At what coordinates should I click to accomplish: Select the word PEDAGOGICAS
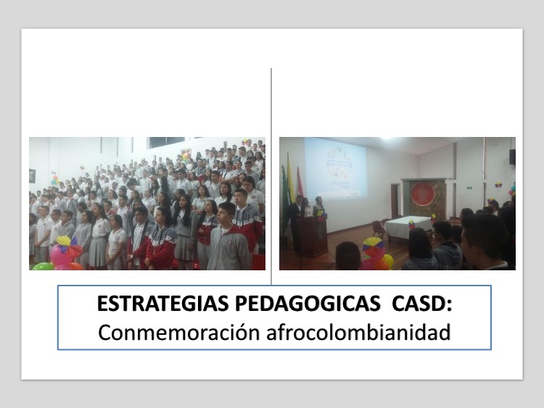point(308,304)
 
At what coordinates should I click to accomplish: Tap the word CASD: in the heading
point(422,304)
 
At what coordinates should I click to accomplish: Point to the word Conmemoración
point(178,332)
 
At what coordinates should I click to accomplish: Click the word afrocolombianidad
point(358,332)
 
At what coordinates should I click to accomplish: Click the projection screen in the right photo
point(335,168)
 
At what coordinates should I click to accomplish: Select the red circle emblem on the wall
point(423,193)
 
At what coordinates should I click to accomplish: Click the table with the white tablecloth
point(408,227)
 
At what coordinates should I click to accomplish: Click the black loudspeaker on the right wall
point(512,157)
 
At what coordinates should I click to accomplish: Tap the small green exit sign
point(469,188)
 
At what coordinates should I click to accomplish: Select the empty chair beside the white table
point(378,229)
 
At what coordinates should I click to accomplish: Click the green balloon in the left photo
point(43,266)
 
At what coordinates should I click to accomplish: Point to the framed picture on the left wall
point(32,176)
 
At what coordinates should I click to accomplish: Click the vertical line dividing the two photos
point(271,176)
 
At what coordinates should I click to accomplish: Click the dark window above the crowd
point(167,141)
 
